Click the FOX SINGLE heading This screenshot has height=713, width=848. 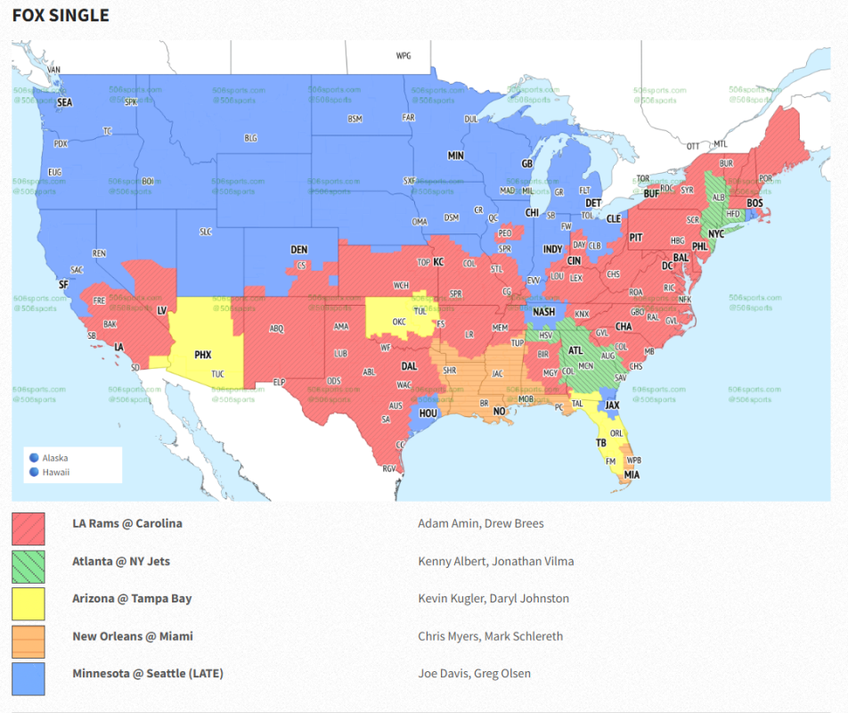(x=61, y=16)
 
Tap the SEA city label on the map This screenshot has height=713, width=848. (x=64, y=103)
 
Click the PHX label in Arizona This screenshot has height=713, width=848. (x=202, y=355)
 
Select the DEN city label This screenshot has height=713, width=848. (x=299, y=250)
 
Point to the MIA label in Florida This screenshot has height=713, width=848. (x=632, y=475)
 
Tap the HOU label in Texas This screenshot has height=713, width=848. (x=428, y=414)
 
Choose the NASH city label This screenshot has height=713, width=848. (x=543, y=312)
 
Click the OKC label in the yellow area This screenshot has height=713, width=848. (x=400, y=322)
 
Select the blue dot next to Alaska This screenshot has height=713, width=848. (x=34, y=458)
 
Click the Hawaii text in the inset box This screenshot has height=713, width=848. (x=55, y=472)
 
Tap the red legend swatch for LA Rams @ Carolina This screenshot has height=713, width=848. (x=29, y=528)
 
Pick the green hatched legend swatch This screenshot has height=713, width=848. (x=29, y=565)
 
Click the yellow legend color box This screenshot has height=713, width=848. (x=29, y=602)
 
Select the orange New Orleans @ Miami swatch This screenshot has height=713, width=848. (x=29, y=640)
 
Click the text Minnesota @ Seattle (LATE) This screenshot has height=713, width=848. (x=148, y=674)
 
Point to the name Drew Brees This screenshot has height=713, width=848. (x=516, y=523)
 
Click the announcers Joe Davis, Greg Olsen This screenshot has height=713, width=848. (x=474, y=674)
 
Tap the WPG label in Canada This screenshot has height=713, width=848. (x=404, y=56)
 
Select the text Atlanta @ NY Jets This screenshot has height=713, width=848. (x=121, y=561)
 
